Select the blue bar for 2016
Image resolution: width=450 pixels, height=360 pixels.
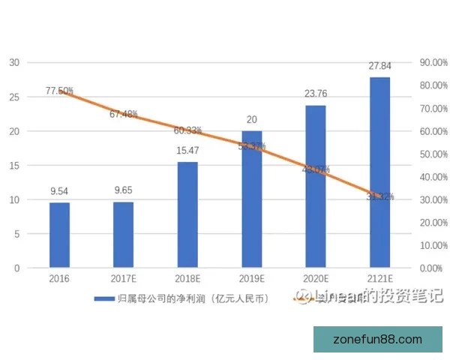[59, 235]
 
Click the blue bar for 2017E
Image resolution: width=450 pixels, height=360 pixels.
[123, 235]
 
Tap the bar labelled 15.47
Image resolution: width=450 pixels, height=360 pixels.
[187, 214]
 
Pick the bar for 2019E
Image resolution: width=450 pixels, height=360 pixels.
[251, 199]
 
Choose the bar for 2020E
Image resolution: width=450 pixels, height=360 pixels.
[316, 187]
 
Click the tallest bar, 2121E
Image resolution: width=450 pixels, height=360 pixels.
[379, 172]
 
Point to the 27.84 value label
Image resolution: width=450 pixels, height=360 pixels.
[379, 67]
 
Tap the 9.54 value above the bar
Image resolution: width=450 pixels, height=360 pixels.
[59, 192]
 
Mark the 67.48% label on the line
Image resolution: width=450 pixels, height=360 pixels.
[123, 114]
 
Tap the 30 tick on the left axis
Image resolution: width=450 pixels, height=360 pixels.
[13, 62]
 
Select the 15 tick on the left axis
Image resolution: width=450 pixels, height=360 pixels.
[13, 165]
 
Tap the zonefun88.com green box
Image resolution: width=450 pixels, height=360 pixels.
[378, 340]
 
